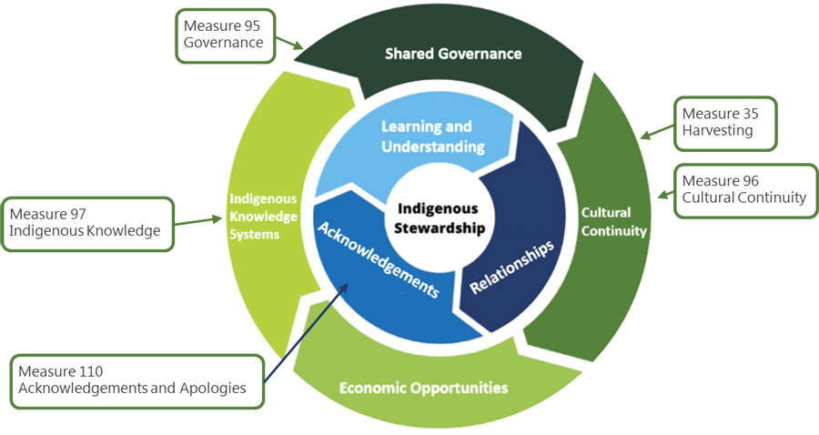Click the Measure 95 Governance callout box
(x=223, y=35)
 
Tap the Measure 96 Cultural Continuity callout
(x=744, y=189)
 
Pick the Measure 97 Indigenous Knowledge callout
(x=86, y=223)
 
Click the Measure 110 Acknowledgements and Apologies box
(x=135, y=379)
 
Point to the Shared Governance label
(x=453, y=54)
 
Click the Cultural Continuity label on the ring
(x=613, y=222)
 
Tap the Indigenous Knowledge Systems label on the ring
(x=263, y=216)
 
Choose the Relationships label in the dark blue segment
(x=511, y=267)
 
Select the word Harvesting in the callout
(x=718, y=130)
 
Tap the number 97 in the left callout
(x=78, y=215)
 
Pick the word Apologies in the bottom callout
(x=213, y=388)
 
